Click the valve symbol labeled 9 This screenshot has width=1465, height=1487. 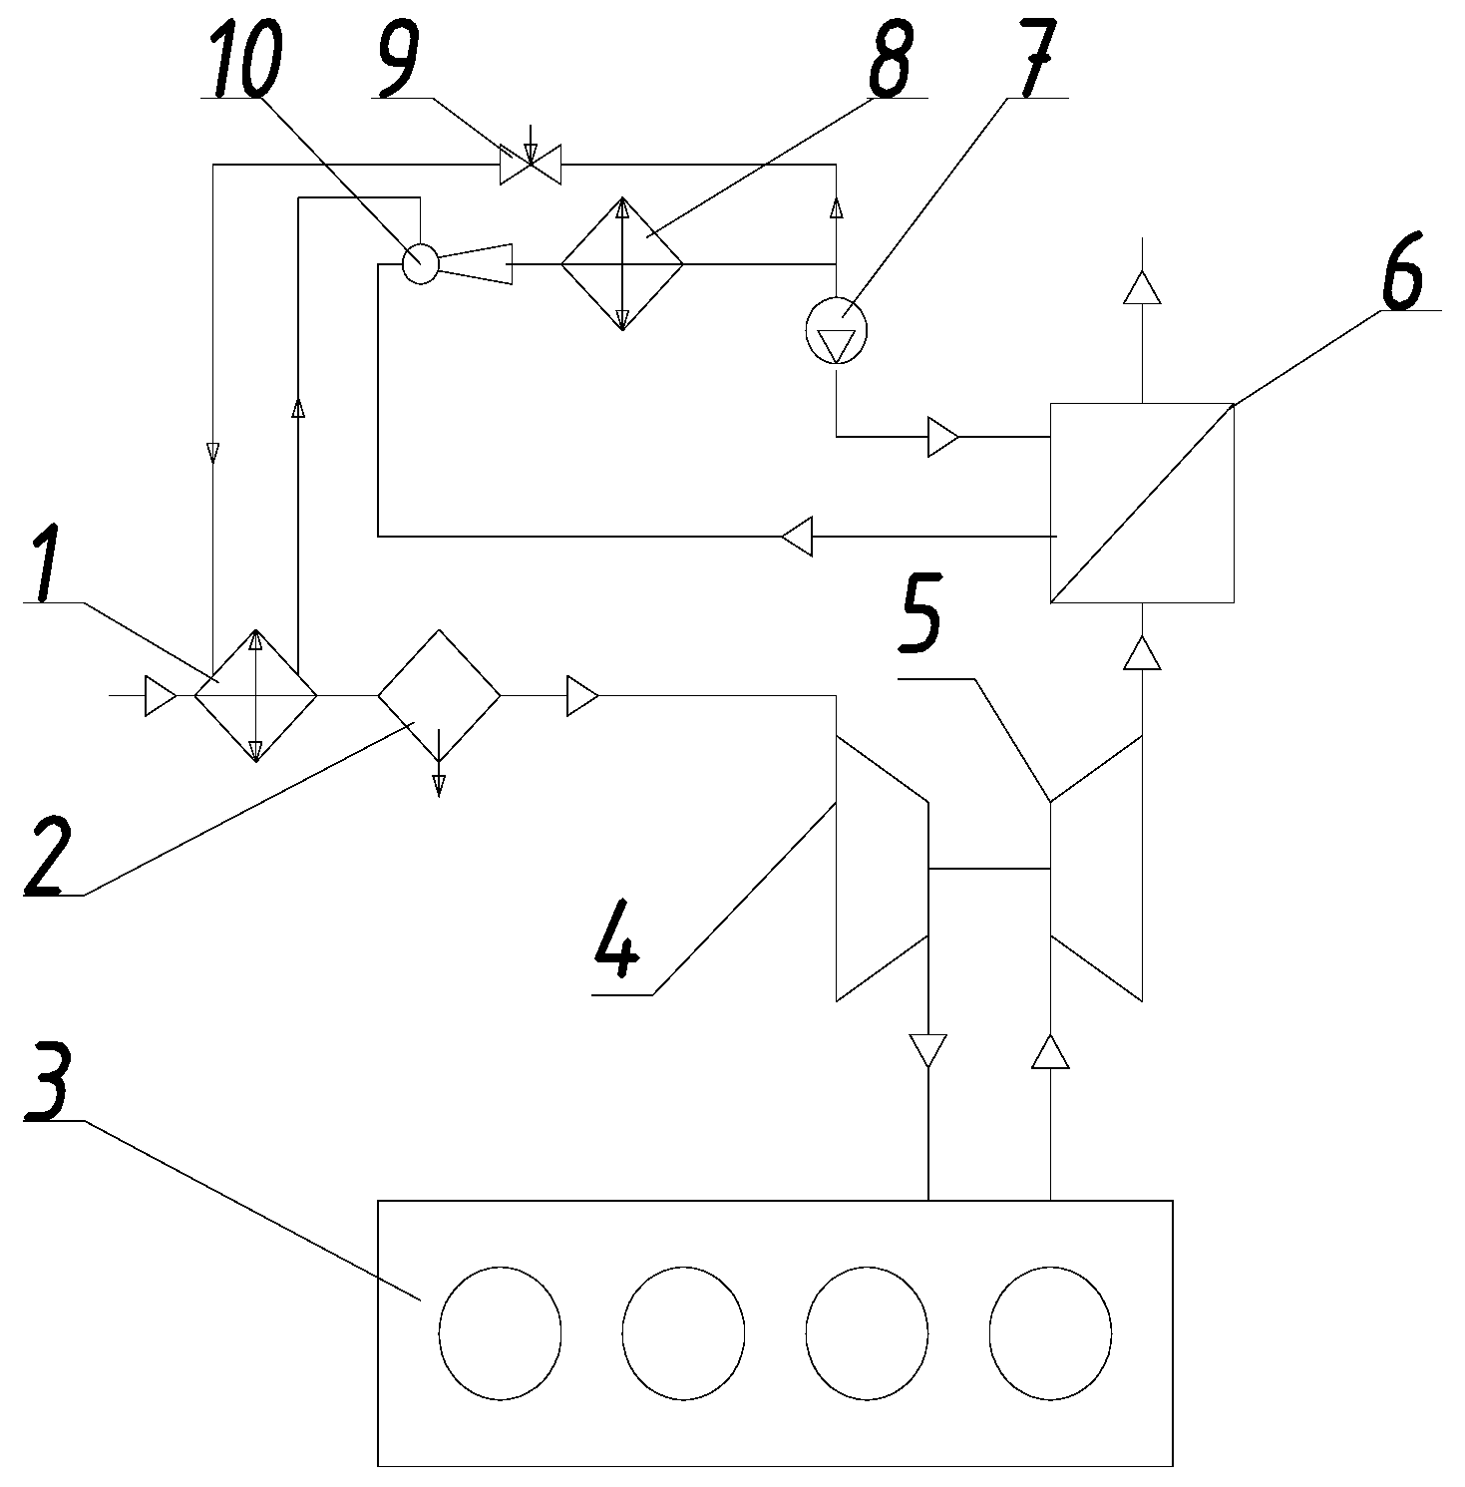point(530,164)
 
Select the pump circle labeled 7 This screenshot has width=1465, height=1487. point(836,330)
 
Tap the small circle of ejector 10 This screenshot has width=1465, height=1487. point(420,264)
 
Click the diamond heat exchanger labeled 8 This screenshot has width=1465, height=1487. point(621,264)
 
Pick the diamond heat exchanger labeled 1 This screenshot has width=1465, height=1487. point(255,695)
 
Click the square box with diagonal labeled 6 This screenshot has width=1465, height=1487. point(1142,503)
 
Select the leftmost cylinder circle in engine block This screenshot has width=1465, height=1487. point(500,1332)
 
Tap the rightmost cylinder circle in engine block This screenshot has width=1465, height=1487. point(1050,1332)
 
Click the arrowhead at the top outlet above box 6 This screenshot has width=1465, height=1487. point(1142,288)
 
